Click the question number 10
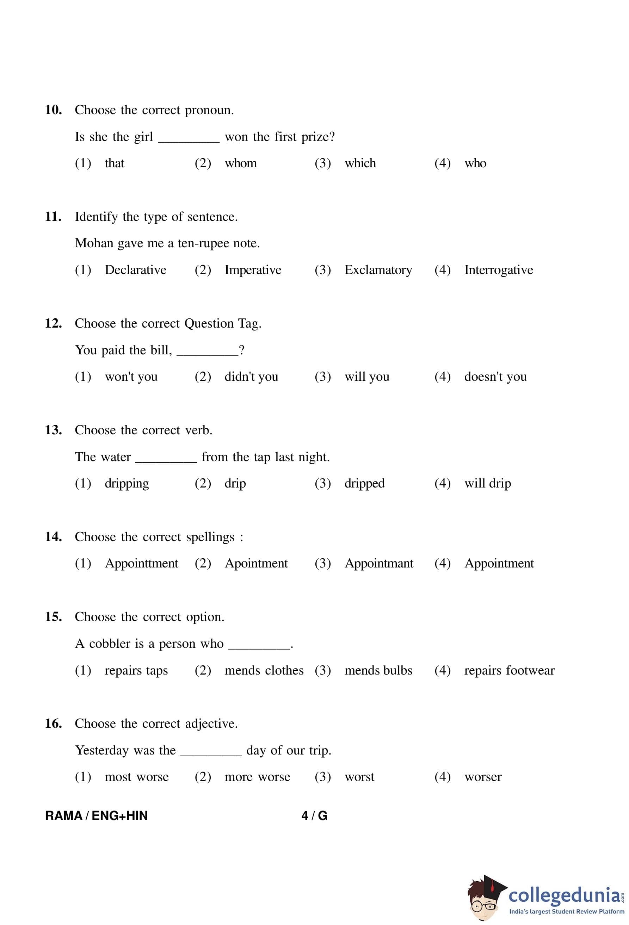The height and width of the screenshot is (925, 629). pos(53,110)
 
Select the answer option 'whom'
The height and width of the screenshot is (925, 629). pos(240,163)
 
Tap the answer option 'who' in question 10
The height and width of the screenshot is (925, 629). pos(475,163)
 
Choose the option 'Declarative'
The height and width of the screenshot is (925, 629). pos(135,270)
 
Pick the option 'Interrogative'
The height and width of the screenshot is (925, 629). pos(498,270)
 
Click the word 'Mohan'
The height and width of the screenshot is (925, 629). pos(94,243)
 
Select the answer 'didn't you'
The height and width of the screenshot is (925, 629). pos(251,377)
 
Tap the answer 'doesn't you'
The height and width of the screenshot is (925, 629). pos(495,377)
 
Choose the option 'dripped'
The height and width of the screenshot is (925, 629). pos(364,484)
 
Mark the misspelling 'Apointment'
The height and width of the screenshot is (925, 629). pos(256,563)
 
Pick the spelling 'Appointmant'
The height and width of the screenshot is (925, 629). pos(378,563)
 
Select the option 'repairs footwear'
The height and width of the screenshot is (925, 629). pos(509,670)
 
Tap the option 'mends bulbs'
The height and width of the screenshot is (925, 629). pos(378,670)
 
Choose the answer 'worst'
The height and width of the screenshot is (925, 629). pos(359,777)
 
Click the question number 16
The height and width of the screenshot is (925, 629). pos(53,724)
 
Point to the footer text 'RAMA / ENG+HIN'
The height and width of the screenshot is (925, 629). pos(96,815)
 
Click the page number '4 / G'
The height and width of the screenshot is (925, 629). pos(314,815)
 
